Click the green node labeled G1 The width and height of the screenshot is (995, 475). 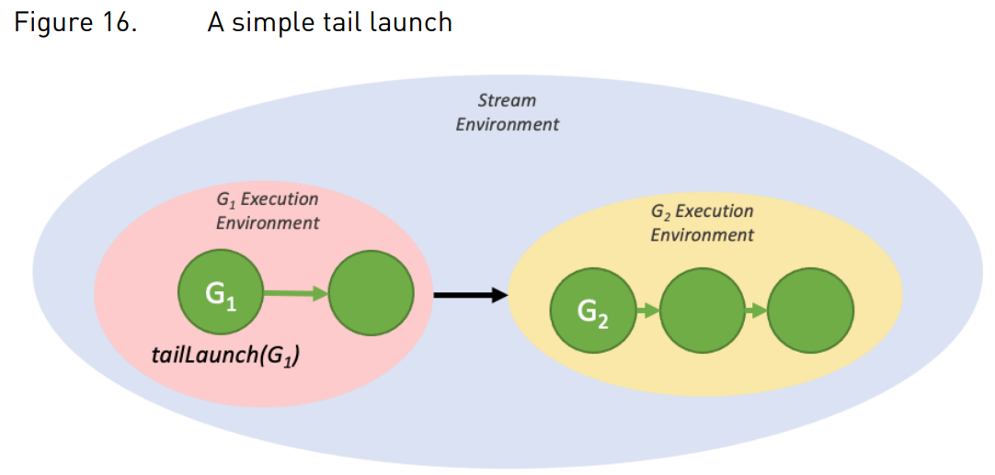pos(220,294)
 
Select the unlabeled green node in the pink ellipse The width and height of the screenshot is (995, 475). pos(372,294)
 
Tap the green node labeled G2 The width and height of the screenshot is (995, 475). pos(593,311)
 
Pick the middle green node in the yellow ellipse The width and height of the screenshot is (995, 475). pos(703,311)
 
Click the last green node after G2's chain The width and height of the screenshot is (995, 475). pos(811,311)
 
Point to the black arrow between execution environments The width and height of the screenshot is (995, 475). pos(471,295)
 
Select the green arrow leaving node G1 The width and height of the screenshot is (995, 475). pos(296,293)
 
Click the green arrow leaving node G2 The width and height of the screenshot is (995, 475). pos(648,311)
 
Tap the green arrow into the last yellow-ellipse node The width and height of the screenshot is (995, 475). pos(757,311)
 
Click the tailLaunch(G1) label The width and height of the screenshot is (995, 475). pos(226,356)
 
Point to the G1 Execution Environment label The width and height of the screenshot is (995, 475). pos(268,211)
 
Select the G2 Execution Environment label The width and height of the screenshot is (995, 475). pos(703,222)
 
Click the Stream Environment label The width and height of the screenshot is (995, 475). pos(508,111)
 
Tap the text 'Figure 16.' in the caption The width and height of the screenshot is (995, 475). pos(75,23)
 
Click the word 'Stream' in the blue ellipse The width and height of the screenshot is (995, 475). pos(507,101)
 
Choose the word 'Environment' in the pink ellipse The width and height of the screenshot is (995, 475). pos(268,223)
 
